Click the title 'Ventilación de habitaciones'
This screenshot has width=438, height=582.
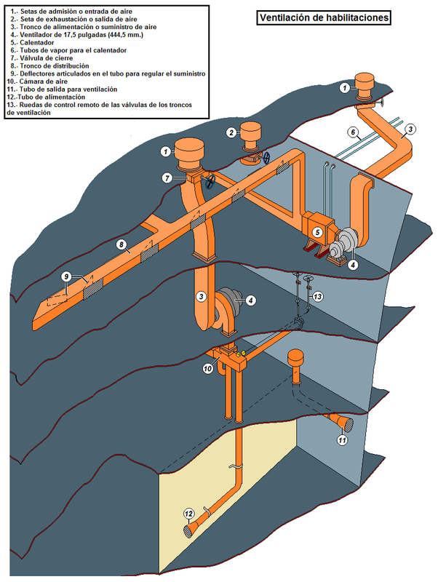click(x=324, y=17)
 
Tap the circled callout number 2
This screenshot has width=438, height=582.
click(x=231, y=132)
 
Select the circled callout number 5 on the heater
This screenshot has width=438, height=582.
click(x=317, y=232)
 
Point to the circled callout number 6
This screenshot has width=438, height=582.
click(x=353, y=132)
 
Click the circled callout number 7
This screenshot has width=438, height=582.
click(x=167, y=178)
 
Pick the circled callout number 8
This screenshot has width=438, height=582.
click(x=122, y=244)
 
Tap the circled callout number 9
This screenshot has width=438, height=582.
click(x=65, y=276)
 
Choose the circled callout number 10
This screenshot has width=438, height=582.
click(x=208, y=369)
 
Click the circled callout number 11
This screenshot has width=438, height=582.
click(x=342, y=440)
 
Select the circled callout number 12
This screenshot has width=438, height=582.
click(x=189, y=514)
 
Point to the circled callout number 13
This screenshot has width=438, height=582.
click(x=318, y=296)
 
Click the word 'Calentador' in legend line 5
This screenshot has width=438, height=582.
click(x=37, y=43)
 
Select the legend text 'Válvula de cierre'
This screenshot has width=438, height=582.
click(x=47, y=58)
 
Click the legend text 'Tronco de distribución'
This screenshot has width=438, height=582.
click(x=54, y=66)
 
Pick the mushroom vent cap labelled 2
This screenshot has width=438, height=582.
click(x=251, y=137)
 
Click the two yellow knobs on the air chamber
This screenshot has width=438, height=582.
click(x=240, y=354)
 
